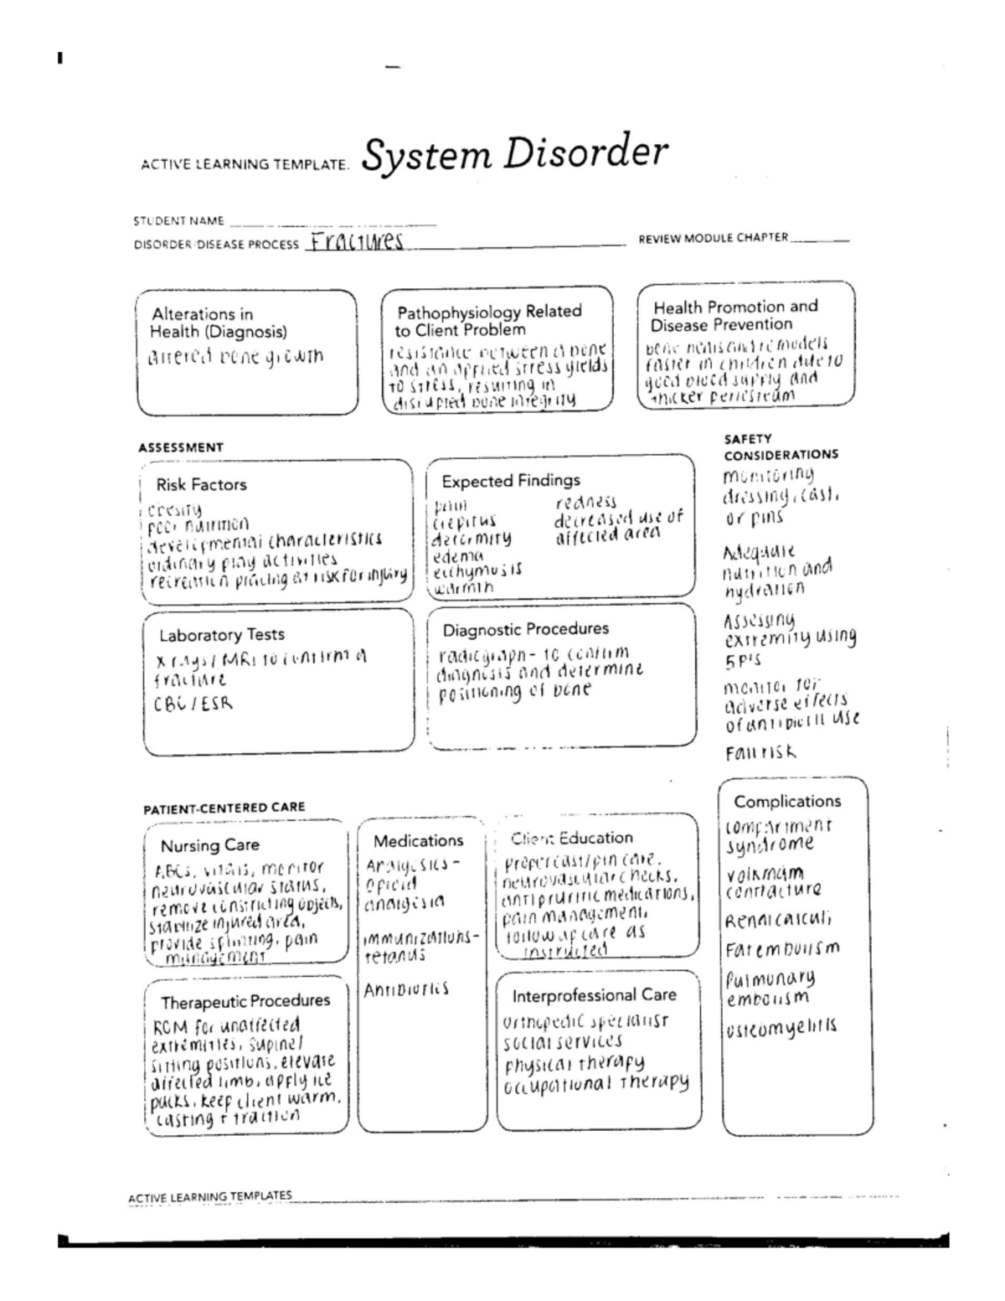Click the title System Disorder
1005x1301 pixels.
(x=515, y=155)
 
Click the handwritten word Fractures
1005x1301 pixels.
(x=355, y=243)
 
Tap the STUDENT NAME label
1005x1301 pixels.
(x=178, y=221)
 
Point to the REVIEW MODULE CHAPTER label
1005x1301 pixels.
(x=713, y=238)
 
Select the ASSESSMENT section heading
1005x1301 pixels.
(x=180, y=447)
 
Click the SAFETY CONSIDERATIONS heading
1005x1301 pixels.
(x=780, y=447)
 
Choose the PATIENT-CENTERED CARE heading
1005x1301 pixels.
(x=224, y=808)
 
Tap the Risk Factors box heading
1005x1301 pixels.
(x=201, y=484)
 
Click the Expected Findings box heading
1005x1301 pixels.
(x=511, y=481)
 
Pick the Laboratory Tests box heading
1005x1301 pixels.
(x=222, y=634)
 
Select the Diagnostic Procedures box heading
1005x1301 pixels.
(x=526, y=629)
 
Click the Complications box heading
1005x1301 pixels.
(x=787, y=801)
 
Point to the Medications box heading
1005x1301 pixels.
(x=418, y=840)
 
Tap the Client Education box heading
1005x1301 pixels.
(x=572, y=838)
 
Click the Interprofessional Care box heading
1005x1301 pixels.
(x=594, y=995)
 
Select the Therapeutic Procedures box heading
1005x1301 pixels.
(x=245, y=1001)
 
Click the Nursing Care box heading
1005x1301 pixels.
(x=209, y=844)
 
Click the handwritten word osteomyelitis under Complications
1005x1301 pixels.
(x=781, y=1027)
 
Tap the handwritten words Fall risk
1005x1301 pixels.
(x=760, y=752)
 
